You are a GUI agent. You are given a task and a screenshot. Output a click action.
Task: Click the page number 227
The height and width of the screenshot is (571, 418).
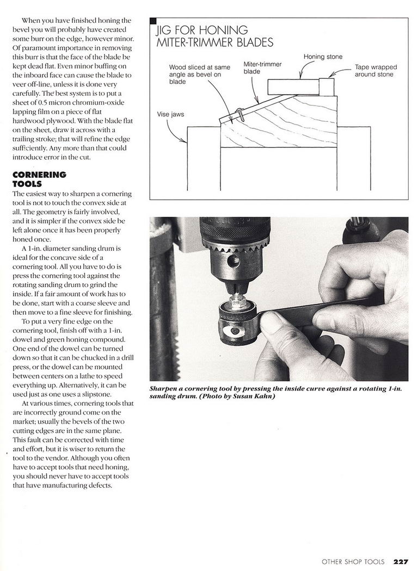point(401,562)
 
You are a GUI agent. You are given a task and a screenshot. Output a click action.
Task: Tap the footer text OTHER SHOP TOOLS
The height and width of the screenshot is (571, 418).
point(353,562)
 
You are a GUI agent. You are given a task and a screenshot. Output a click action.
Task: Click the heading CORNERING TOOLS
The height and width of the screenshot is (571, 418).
point(39,179)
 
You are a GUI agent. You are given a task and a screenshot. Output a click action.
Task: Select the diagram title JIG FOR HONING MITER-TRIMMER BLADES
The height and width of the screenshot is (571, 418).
point(214,36)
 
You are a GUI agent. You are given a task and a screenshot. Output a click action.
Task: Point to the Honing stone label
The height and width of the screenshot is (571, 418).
point(322,57)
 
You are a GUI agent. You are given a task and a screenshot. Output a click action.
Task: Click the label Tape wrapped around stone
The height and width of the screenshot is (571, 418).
point(376,71)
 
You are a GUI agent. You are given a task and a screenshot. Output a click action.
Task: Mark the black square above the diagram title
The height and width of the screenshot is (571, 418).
point(153,21)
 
